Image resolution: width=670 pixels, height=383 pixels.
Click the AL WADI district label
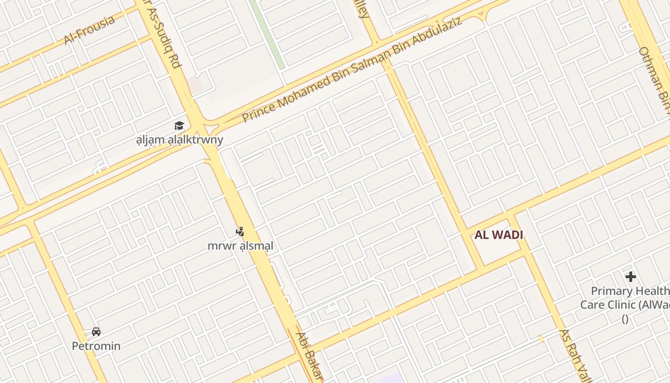coord(499,235)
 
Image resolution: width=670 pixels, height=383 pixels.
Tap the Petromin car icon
coord(96,331)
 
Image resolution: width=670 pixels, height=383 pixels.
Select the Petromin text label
coord(96,346)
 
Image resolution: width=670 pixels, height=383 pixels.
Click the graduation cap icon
coord(179,126)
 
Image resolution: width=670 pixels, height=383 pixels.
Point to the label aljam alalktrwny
coord(179,140)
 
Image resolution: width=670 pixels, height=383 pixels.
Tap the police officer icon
coord(240,232)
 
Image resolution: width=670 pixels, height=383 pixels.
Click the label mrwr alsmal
coord(240,246)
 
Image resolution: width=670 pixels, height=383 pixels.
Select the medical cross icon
coord(631,276)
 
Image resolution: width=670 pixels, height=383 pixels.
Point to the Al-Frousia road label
coord(89,29)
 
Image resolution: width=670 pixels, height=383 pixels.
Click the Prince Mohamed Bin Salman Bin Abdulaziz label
coord(352,70)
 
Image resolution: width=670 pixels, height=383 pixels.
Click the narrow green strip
coord(267,34)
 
